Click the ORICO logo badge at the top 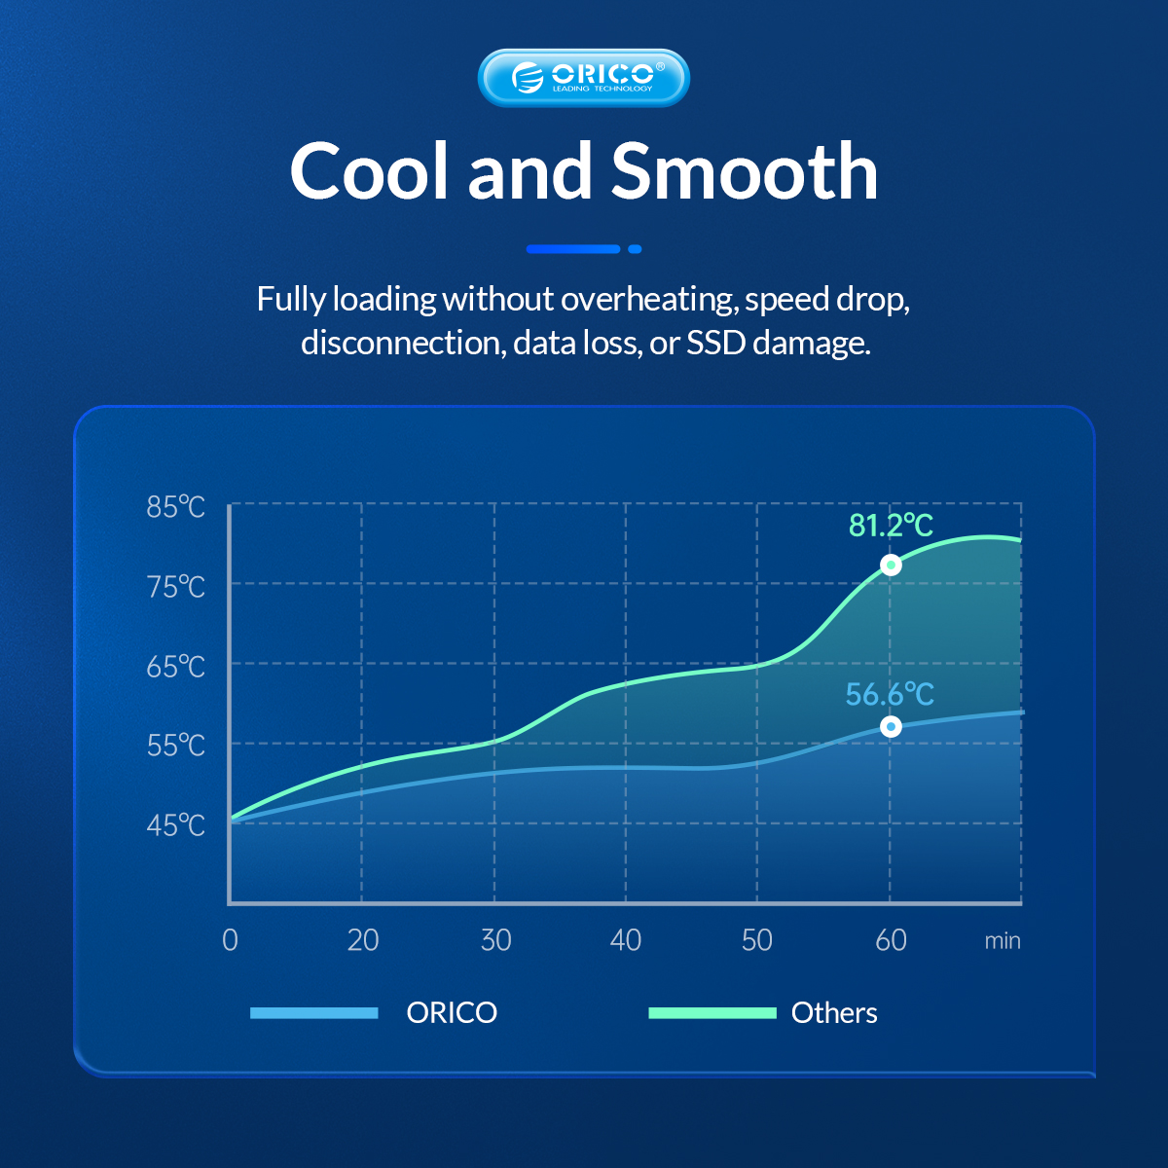(584, 78)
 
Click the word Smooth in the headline (745, 171)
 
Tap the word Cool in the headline (369, 171)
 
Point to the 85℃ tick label (176, 507)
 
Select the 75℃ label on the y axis (176, 587)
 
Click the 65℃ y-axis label (176, 667)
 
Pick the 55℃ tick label (176, 746)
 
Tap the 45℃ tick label (176, 825)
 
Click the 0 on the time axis (230, 940)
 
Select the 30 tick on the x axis (495, 940)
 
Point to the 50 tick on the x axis (757, 940)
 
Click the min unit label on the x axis (1003, 940)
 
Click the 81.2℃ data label (891, 525)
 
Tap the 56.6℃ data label (890, 694)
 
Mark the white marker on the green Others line (891, 565)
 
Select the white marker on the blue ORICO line (891, 726)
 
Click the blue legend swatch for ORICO (314, 1013)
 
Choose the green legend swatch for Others (712, 1013)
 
